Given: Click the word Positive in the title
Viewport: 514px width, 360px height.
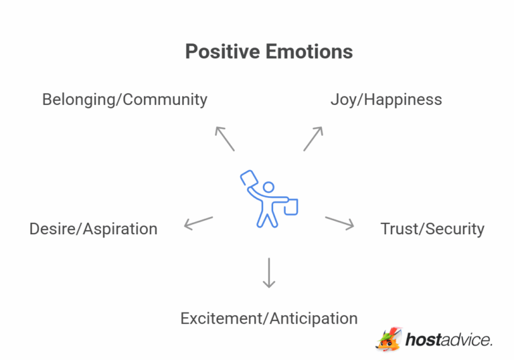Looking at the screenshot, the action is coord(223,52).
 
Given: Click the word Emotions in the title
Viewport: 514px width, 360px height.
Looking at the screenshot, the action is coord(309,52).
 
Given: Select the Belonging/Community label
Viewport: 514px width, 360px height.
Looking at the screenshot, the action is coord(125,100).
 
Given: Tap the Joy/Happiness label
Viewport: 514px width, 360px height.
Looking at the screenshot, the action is coord(386,100).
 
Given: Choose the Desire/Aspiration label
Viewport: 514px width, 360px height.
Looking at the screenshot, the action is coord(94,229).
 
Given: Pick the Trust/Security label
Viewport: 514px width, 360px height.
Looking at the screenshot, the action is coord(432,229).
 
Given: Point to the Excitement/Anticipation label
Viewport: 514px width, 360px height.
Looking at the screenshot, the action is coord(269,319).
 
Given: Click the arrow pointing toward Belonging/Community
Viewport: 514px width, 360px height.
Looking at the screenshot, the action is coord(225,139).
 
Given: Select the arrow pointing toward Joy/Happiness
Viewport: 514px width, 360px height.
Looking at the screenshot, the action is coord(313,139).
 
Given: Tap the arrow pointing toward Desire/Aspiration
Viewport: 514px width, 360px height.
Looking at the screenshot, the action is coord(199,223).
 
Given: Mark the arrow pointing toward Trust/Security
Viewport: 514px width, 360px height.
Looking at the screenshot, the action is coord(339,223).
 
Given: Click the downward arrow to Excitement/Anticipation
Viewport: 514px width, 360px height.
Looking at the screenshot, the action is coord(269,273).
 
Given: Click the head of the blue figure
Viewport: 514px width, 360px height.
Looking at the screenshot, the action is coord(269,187).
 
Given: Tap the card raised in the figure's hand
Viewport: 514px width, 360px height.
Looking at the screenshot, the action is coord(249,179).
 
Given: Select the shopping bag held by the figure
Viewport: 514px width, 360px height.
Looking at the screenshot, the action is coord(291,207).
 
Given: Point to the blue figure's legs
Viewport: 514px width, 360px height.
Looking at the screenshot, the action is coord(268,216).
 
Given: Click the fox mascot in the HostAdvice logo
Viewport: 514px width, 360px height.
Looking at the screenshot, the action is coord(389,339).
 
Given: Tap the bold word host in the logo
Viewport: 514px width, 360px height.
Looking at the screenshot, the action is coord(423,340).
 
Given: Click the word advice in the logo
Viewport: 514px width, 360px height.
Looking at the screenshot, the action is coord(466,340).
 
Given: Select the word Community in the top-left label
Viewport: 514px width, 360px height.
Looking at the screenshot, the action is coord(165,100).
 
